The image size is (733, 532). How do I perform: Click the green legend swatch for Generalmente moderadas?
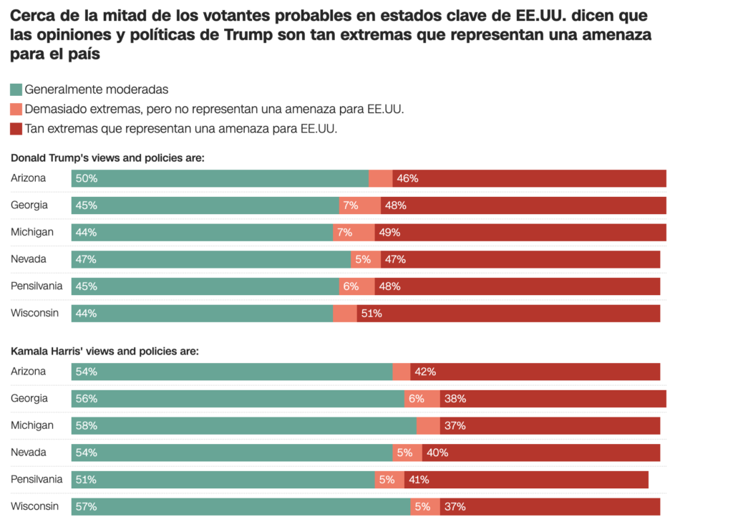click(16, 90)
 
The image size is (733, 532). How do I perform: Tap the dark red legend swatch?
click(16, 129)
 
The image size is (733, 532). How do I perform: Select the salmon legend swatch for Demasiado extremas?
click(16, 110)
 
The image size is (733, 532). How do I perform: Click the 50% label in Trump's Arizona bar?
click(86, 178)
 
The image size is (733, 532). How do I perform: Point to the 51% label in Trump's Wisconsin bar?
click(372, 313)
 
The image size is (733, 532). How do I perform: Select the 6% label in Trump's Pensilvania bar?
click(351, 286)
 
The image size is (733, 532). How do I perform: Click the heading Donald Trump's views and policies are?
click(107, 158)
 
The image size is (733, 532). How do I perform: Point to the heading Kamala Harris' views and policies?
click(105, 352)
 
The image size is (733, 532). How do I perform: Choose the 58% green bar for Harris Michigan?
click(243, 425)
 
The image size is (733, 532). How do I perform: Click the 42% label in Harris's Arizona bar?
click(425, 372)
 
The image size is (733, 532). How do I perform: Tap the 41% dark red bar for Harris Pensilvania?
click(526, 480)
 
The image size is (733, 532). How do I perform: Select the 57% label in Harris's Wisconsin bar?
click(86, 506)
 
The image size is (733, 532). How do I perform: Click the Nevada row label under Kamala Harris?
click(28, 453)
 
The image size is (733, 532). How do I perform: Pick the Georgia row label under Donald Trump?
click(29, 205)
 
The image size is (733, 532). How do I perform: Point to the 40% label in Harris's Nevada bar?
click(437, 453)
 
